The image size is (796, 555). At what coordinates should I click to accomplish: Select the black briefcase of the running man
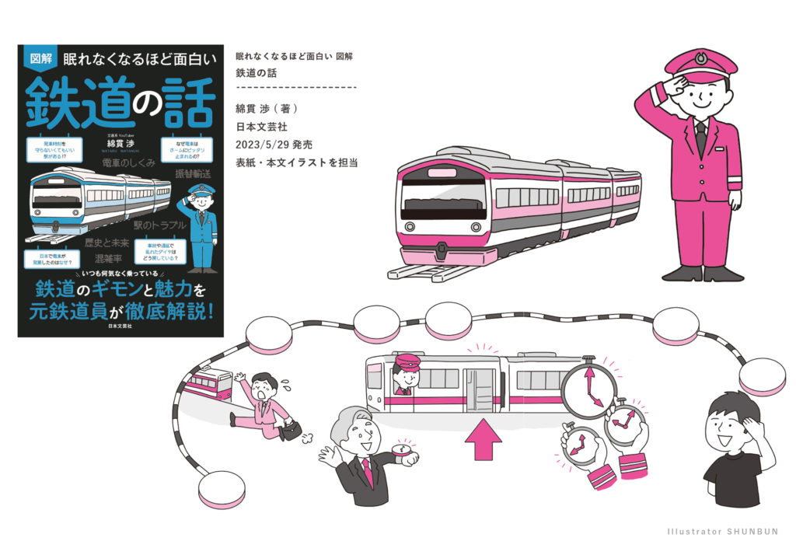pos(292,430)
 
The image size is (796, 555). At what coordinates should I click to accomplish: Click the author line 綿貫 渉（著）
pos(267,108)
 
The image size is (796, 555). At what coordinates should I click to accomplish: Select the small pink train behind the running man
pos(209,383)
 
